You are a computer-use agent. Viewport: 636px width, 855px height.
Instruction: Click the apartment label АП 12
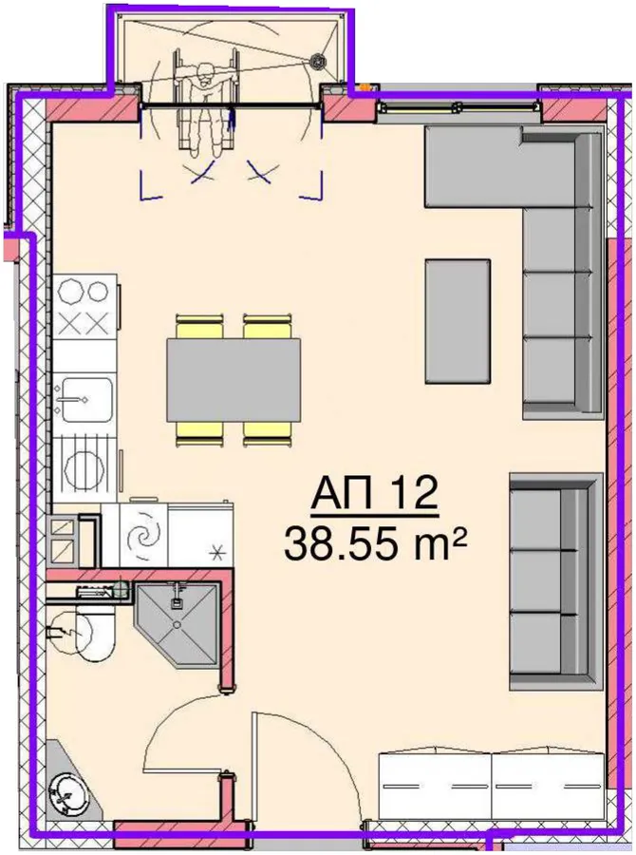tap(374, 493)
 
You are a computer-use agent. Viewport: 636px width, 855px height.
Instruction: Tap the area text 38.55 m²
tap(376, 543)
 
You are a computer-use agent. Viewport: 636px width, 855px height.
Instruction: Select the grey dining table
tap(234, 380)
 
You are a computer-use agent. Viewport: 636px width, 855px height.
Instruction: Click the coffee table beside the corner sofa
tap(458, 321)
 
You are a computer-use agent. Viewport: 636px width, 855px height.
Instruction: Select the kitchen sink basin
tap(86, 400)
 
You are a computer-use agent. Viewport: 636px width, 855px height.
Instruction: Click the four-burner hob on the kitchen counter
tap(84, 308)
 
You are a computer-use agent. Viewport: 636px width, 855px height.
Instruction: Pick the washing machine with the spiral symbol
tap(143, 535)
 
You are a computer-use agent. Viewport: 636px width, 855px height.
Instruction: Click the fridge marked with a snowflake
tap(200, 534)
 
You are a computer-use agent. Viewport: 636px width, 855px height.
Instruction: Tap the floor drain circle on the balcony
tap(316, 61)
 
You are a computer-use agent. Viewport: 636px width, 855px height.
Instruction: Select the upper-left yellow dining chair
tap(199, 327)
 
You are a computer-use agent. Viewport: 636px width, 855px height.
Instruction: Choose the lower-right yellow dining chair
tap(267, 434)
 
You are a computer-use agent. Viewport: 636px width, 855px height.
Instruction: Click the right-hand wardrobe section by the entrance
tap(549, 786)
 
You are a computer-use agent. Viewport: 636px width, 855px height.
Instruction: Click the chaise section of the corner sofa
tap(473, 166)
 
